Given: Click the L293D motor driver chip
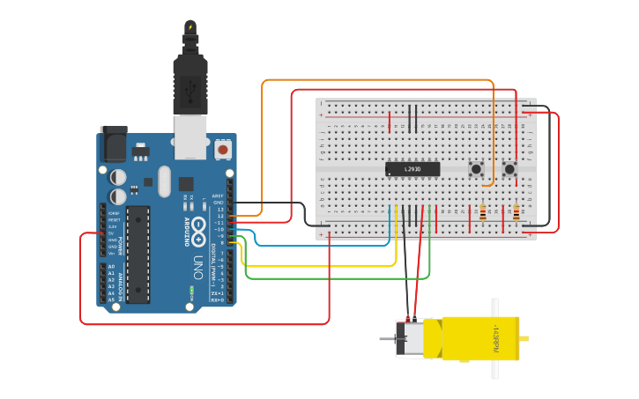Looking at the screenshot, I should click(412, 168).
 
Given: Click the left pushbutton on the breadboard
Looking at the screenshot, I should click(476, 168).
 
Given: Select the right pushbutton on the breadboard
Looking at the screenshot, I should click(509, 168).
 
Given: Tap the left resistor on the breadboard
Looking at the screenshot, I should click(482, 212).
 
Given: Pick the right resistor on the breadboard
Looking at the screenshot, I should click(516, 212).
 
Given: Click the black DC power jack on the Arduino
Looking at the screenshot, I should click(112, 143).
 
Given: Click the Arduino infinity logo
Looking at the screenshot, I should click(199, 227).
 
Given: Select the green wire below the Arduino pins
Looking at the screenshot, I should click(335, 278).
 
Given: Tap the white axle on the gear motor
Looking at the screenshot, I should click(494, 338).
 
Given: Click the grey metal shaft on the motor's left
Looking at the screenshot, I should click(386, 338).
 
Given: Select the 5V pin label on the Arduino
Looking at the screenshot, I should click(112, 233).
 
